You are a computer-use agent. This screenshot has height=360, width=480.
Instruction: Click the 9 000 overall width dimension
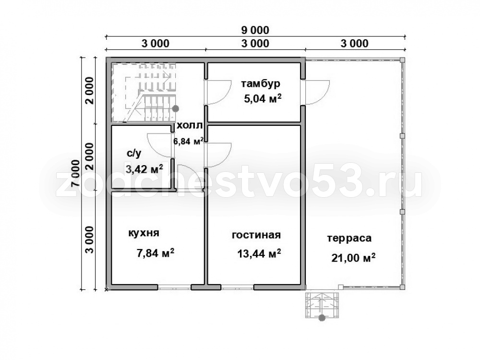point(255,30)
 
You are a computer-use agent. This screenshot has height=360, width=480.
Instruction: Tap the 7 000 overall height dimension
point(75,173)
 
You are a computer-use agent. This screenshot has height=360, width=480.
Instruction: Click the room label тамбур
point(261,83)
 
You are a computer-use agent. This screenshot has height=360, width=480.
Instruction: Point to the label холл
point(190,125)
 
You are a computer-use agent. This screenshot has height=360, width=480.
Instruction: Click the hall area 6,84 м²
point(188,141)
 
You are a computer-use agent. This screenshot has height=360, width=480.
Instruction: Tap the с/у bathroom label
point(134,154)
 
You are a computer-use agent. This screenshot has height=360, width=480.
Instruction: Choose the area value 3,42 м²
point(144,168)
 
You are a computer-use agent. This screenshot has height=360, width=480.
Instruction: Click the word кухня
point(144,233)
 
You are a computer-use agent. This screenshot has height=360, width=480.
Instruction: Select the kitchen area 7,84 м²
point(156,253)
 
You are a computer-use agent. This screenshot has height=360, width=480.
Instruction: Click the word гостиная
point(256,235)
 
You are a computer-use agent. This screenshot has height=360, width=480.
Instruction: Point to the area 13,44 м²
point(259,253)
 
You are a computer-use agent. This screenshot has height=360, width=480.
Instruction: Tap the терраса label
point(349,238)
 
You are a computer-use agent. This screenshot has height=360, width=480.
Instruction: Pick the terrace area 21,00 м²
point(353,258)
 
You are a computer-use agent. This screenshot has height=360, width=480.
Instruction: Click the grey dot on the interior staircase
point(175,108)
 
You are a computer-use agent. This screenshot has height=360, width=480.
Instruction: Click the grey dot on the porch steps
point(322,318)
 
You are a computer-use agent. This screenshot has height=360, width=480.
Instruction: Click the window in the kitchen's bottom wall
point(175,288)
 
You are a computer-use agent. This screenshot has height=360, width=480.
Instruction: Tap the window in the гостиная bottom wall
point(237,288)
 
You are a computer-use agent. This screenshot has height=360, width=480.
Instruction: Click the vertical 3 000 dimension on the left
point(89,240)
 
